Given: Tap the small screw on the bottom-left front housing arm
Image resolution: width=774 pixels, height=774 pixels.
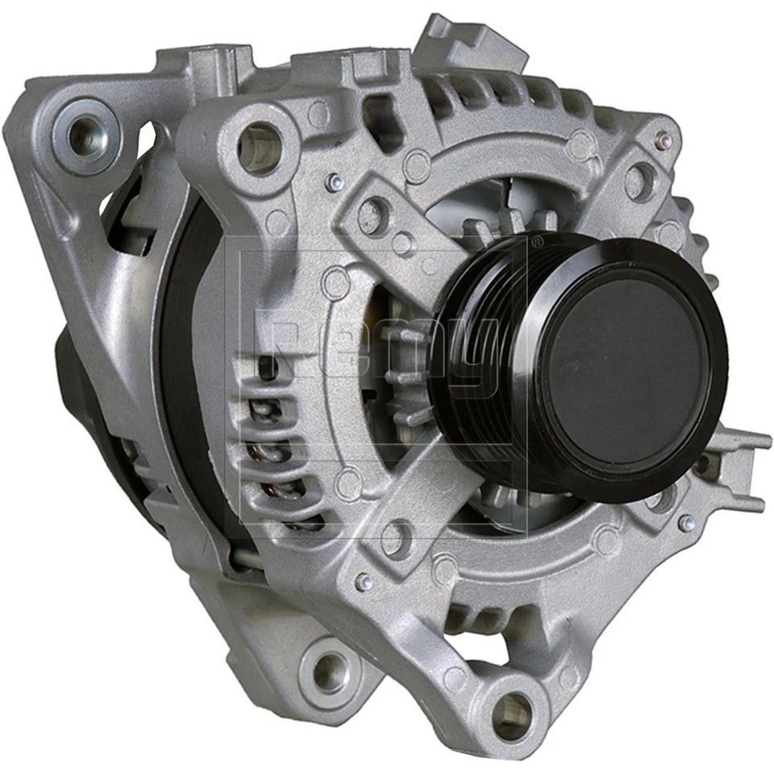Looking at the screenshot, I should [x=364, y=580].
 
